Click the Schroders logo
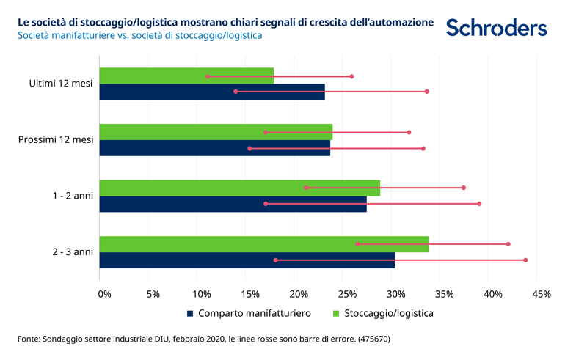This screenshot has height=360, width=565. (x=496, y=28)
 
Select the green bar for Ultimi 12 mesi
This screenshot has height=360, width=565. (x=186, y=76)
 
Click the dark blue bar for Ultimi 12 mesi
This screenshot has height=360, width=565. (x=211, y=92)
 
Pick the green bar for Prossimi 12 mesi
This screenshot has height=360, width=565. (x=216, y=132)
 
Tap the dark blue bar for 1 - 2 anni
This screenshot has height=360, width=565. (x=233, y=205)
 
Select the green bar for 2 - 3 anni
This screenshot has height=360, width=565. (x=263, y=244)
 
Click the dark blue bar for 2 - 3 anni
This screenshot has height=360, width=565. (x=247, y=260)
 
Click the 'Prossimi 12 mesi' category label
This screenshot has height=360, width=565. (x=56, y=139)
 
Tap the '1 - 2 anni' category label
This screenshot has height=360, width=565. (x=72, y=196)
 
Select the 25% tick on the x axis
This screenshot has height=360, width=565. (x=347, y=294)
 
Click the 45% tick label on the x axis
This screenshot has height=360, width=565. (x=541, y=294)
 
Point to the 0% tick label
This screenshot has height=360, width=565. (x=105, y=294)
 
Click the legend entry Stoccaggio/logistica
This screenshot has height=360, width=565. (x=382, y=313)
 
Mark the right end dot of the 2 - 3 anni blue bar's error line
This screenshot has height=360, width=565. (x=525, y=260)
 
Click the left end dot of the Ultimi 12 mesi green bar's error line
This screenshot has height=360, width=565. (x=208, y=76)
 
